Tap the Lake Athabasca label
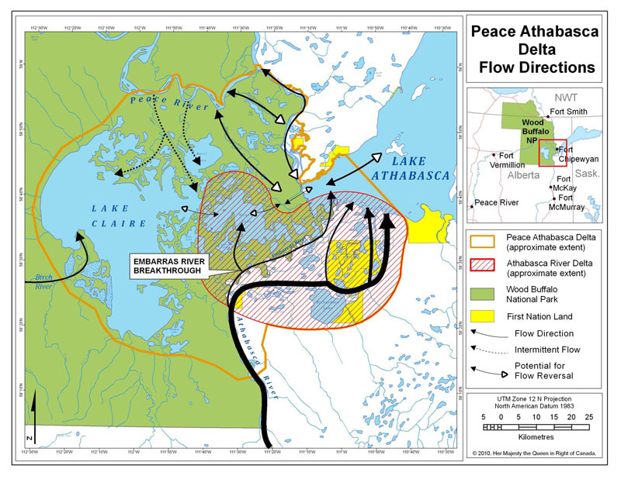click(x=408, y=168)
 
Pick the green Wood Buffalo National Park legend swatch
click(x=485, y=291)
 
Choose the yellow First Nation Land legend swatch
click(x=485, y=316)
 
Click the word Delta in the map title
click(x=536, y=49)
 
